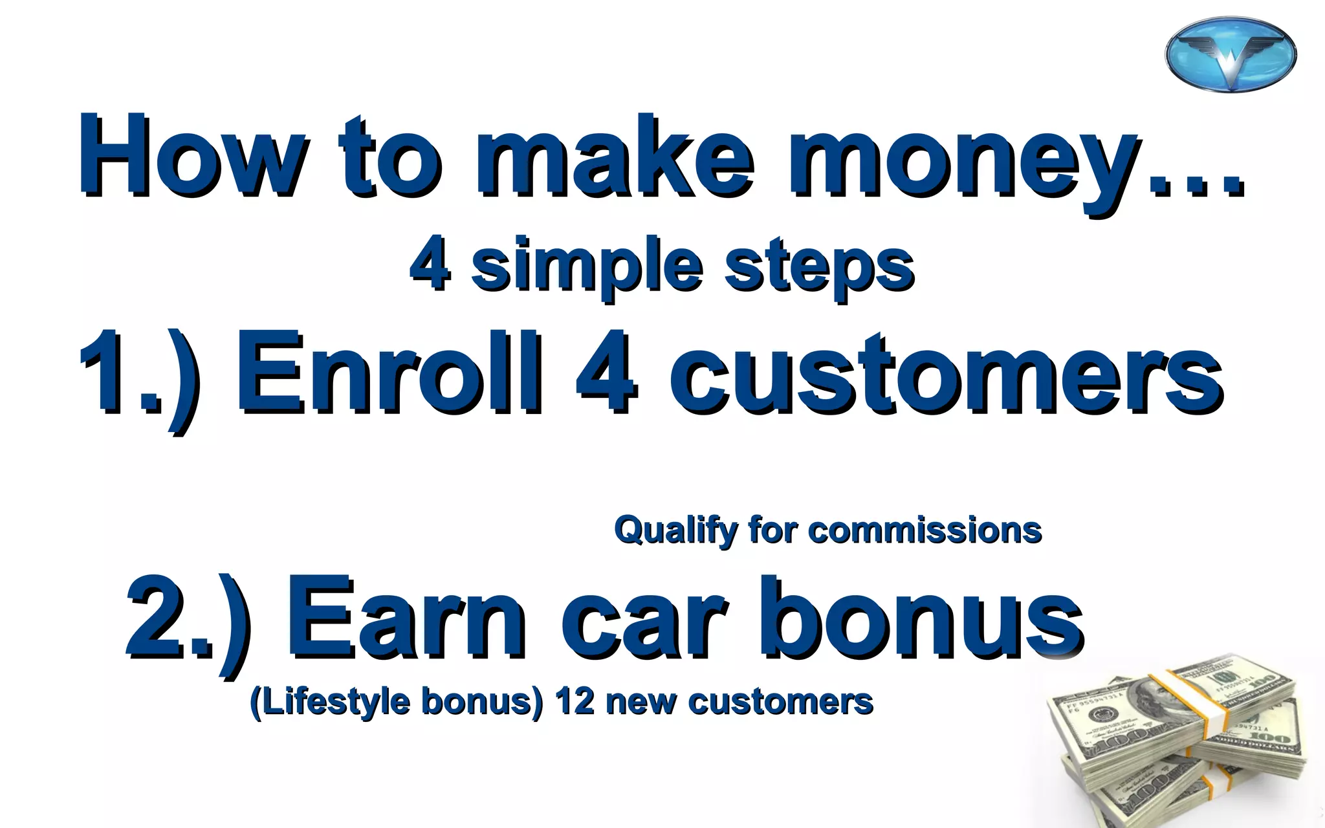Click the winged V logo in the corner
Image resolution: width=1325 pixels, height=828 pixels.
[1231, 54]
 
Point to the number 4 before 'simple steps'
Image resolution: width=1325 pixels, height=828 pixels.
[430, 267]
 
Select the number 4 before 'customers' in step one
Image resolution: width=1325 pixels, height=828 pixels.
[606, 374]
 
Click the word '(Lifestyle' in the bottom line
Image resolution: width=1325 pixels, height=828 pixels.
[330, 703]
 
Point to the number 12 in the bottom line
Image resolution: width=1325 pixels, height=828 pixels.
[575, 701]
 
